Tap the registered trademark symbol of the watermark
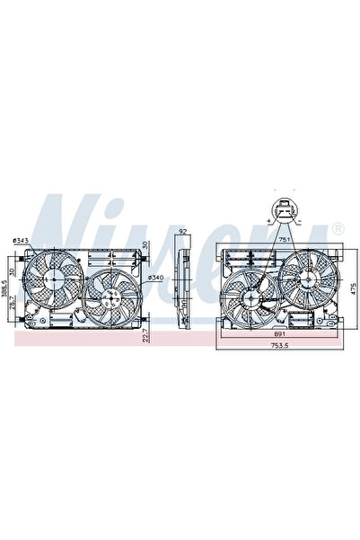point(338,230)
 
